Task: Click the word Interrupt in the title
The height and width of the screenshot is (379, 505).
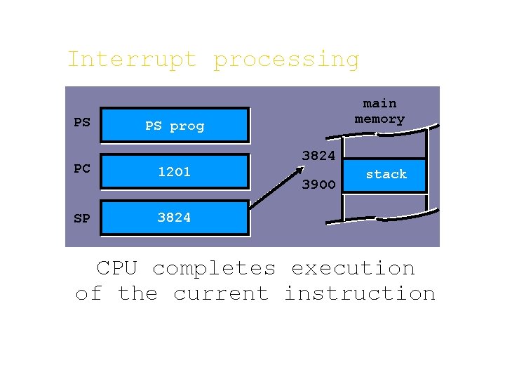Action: pos(131,60)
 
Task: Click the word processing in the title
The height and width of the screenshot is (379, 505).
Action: pos(286,60)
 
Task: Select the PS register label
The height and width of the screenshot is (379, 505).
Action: pos(82,123)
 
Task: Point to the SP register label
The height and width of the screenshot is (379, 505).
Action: pos(82,218)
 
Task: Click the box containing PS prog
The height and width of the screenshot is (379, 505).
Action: pos(175,126)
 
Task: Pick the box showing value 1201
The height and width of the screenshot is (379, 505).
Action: pos(175,172)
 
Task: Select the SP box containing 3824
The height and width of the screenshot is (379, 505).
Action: pos(175,218)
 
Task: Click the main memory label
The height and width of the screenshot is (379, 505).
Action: pos(379,112)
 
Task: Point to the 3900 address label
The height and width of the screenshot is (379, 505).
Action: pos(318,186)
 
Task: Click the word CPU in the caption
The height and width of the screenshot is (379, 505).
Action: pos(117,268)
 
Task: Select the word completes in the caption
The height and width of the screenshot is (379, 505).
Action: pos(214,269)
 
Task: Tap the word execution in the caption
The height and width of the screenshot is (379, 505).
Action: pos(353,268)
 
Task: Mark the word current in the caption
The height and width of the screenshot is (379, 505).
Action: pos(221,293)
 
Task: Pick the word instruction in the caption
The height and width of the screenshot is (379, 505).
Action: pos(359,293)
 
